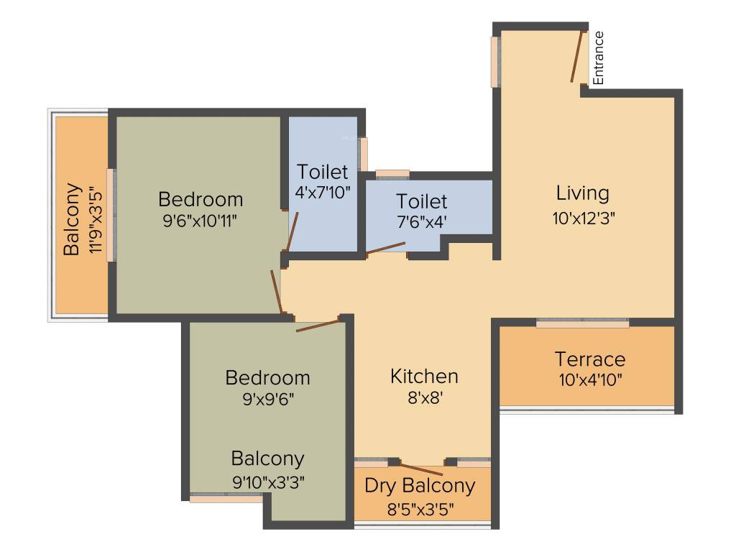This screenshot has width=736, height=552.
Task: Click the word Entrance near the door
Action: click(598, 57)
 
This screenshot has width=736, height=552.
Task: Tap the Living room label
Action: click(582, 193)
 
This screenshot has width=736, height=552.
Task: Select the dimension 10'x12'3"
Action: click(584, 218)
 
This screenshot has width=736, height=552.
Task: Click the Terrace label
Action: click(589, 359)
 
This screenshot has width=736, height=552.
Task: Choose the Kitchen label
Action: click(424, 376)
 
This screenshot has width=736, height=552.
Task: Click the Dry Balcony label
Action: click(420, 486)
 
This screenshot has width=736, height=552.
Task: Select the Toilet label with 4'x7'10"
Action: click(323, 172)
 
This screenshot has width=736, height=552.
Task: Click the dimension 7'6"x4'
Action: click(422, 222)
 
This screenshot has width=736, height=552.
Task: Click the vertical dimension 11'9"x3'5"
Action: click(93, 220)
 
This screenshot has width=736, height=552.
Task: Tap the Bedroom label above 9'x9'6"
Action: click(267, 377)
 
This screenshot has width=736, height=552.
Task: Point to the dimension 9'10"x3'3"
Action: click(267, 482)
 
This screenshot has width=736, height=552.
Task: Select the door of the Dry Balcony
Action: click(422, 469)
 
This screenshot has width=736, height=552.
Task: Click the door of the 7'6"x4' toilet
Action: click(385, 248)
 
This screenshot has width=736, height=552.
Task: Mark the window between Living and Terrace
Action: click(582, 324)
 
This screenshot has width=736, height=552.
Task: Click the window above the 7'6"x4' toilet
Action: click(392, 173)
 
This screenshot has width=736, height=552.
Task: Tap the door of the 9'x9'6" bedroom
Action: click(317, 326)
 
